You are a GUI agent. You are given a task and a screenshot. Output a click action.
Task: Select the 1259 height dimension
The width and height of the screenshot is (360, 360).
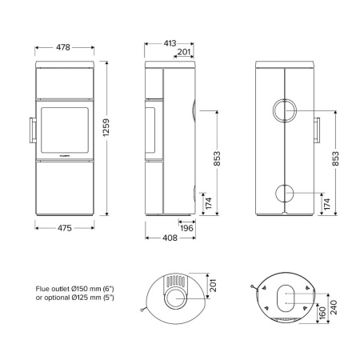point(117,131)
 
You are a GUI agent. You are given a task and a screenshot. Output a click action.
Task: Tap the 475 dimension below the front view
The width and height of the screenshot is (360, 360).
point(65,228)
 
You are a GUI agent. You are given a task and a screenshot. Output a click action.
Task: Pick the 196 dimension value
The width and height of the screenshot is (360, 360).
point(187,228)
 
